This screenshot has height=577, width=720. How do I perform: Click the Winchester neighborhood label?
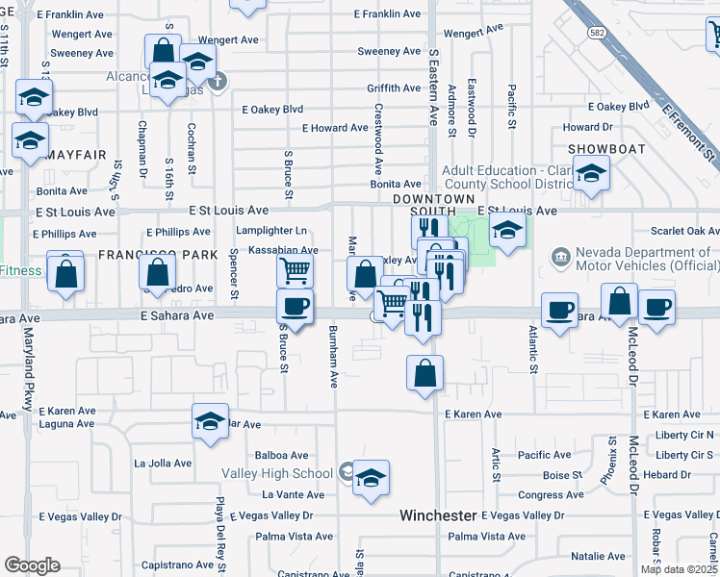[438, 515]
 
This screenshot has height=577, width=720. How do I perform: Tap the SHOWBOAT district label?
[604, 148]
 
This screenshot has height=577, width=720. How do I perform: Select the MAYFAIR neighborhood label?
[75, 154]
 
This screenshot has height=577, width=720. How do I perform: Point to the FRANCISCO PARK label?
[144, 255]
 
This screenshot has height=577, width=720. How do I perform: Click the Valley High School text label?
[277, 473]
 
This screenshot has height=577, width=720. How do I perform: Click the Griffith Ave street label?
[394, 88]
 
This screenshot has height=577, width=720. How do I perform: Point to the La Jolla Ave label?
[163, 464]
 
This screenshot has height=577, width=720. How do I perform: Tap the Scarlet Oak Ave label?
[684, 231]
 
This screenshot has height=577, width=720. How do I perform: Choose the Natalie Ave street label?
[598, 556]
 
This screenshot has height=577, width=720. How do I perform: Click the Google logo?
[32, 565]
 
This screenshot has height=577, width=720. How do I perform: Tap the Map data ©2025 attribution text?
[679, 569]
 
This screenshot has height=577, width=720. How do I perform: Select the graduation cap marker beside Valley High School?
[371, 479]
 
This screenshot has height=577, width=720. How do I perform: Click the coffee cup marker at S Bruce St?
[295, 308]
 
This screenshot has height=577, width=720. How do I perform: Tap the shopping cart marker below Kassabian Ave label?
[295, 270]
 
